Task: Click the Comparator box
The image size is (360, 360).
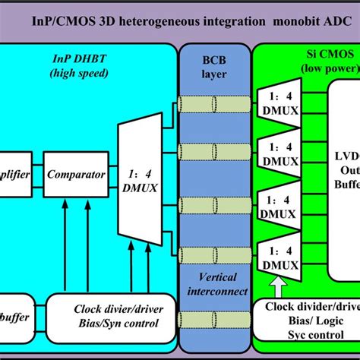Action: point(75,174)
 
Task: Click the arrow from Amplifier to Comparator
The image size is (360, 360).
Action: point(38,174)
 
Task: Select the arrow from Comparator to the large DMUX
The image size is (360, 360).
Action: point(112,174)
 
